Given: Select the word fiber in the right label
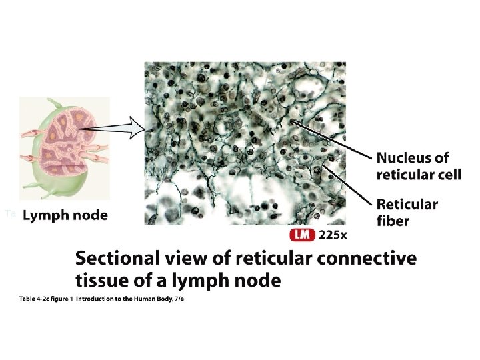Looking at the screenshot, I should pyautogui.click(x=393, y=221).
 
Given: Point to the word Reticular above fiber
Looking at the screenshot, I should pyautogui.click(x=407, y=205).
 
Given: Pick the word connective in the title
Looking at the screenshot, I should pyautogui.click(x=367, y=259).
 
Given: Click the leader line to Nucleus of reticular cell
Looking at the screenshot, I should pyautogui.click(x=330, y=139).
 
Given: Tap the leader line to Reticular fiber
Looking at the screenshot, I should pyautogui.click(x=347, y=183).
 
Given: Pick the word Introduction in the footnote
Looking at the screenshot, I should pyautogui.click(x=97, y=299).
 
